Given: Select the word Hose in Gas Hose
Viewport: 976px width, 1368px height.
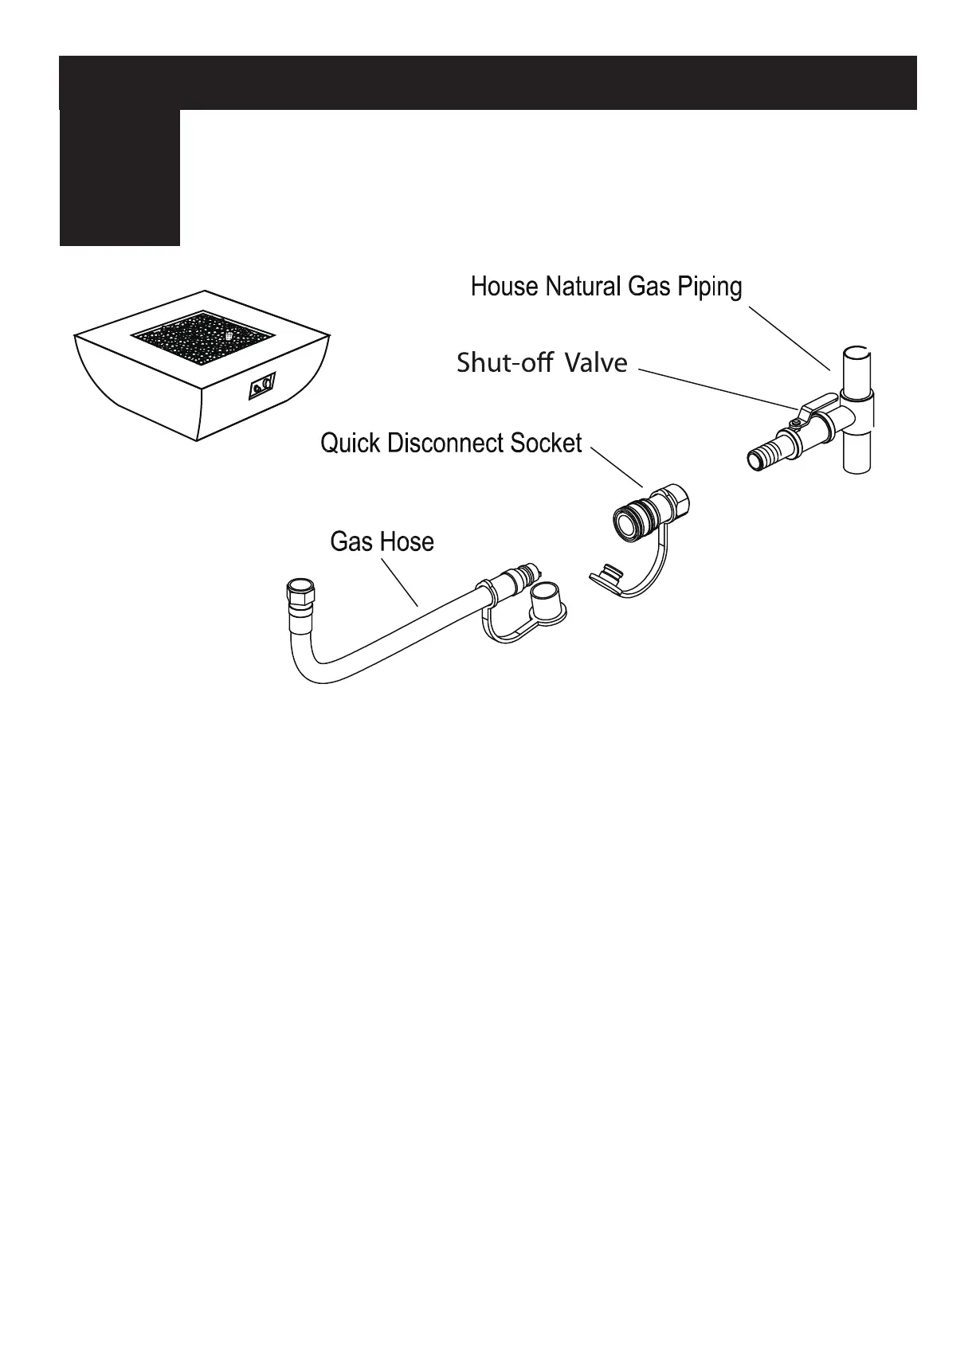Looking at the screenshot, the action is coord(407,542).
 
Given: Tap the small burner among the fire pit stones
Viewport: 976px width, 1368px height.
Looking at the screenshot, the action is coord(229,336).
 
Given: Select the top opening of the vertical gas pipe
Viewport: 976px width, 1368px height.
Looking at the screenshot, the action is coord(856,352).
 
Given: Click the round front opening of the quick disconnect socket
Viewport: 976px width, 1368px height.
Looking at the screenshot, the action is coord(625,521).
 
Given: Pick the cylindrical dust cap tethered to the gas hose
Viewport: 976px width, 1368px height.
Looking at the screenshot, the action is coord(548,601).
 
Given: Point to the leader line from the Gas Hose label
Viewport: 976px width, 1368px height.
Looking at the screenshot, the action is coord(400,582).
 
